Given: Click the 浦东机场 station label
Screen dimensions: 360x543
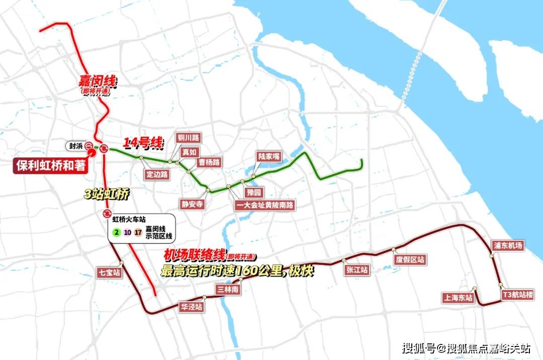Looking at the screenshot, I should click(x=508, y=245).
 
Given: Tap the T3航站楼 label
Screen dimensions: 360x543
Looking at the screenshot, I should click(x=517, y=295).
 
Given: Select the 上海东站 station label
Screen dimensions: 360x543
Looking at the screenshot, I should click(x=458, y=298).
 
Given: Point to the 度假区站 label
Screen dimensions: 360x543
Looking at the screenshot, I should click(x=410, y=259).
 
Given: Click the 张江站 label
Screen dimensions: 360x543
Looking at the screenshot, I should click(x=357, y=270).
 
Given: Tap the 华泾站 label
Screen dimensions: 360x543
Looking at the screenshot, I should click(x=192, y=306).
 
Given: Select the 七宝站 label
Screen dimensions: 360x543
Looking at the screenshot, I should click(x=110, y=273).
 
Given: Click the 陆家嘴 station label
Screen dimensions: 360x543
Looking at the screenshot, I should click(x=268, y=156).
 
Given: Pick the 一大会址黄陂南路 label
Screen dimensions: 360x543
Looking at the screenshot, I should click(x=265, y=205).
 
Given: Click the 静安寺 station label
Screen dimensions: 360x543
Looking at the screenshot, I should click(x=192, y=204).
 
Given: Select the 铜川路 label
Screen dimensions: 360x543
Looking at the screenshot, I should click(x=188, y=137).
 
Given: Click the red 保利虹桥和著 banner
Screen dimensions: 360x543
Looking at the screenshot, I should click(x=50, y=166).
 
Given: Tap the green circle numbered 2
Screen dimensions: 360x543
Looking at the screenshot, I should click(x=116, y=232).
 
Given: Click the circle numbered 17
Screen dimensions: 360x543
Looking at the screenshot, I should click(x=138, y=232).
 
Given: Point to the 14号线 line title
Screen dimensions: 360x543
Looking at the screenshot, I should click(x=144, y=143).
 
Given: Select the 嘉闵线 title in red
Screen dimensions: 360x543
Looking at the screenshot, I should click(x=97, y=80).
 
